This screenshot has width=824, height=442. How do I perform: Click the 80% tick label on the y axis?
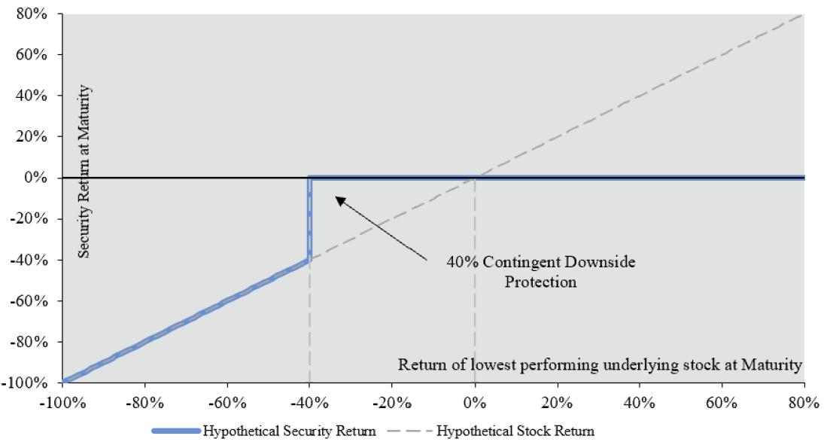[32, 14]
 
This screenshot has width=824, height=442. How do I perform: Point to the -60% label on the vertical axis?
[29, 300]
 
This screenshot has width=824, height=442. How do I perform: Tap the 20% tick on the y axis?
[32, 136]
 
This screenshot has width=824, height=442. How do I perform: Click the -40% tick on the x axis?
[309, 403]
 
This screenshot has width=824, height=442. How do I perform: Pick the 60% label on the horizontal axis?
[722, 403]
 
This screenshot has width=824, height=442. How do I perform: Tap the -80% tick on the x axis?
[144, 403]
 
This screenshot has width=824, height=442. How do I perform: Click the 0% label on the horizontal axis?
[475, 403]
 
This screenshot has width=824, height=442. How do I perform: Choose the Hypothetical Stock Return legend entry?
[491, 431]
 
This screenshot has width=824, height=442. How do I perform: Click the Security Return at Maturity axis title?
[84, 172]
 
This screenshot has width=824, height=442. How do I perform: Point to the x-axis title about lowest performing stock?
[600, 364]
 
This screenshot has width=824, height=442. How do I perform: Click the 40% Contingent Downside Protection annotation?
[541, 272]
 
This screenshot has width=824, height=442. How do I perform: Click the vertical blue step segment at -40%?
[309, 218]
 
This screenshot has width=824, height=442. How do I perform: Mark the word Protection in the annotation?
[541, 282]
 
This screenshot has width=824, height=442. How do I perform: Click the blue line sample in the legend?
[176, 431]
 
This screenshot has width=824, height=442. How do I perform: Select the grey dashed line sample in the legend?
[410, 431]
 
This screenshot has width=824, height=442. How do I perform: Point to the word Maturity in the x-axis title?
[771, 364]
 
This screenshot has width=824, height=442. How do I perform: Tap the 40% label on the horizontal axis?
[639, 403]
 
